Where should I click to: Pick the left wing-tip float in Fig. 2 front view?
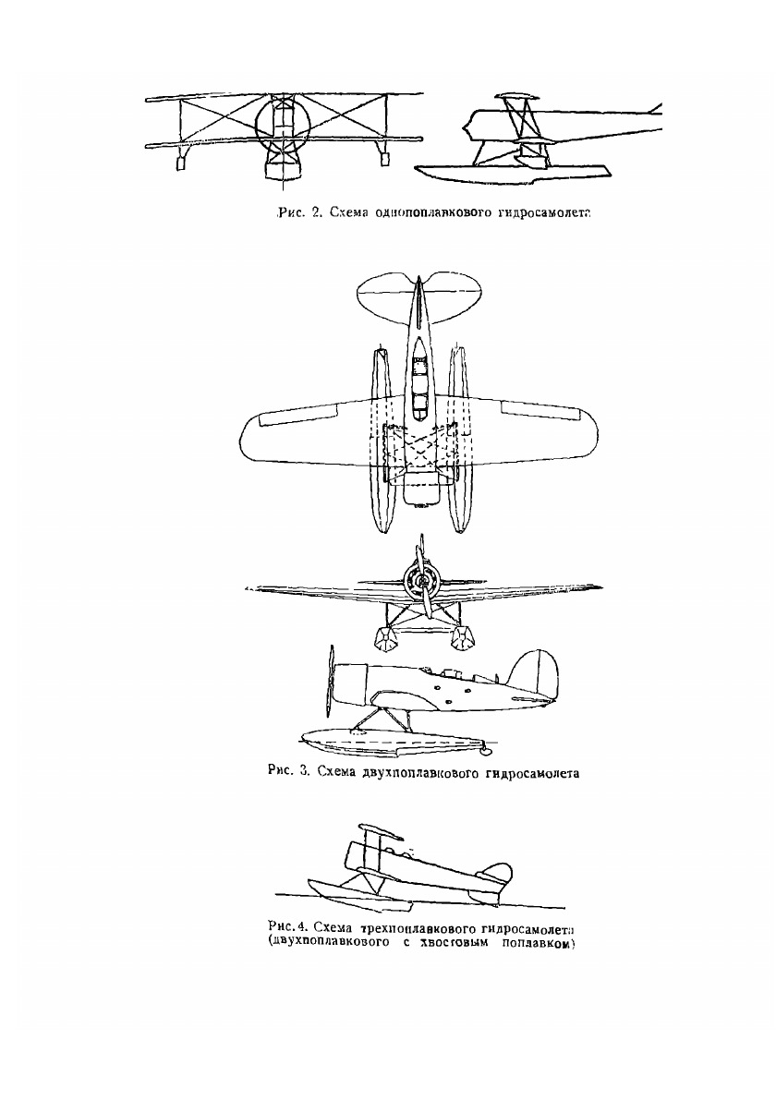[x=181, y=163]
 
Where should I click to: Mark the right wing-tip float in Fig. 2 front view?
[x=383, y=161]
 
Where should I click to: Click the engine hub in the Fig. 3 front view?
[x=421, y=581]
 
